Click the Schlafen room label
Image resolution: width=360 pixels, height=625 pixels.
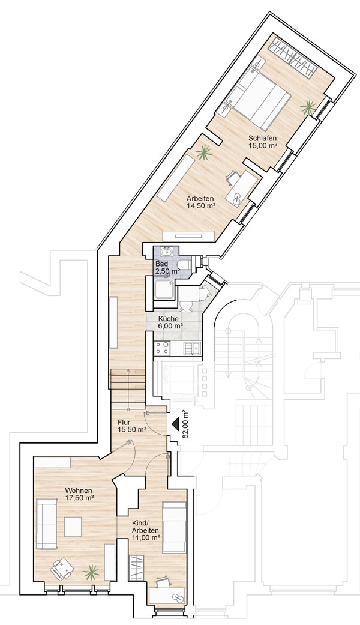263,138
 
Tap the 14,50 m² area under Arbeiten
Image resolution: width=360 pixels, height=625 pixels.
201,206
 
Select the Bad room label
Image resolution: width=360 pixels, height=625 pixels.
161,264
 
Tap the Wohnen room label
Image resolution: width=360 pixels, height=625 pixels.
79,491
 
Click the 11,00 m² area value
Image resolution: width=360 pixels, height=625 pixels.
146,537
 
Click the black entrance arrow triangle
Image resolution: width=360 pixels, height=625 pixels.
175,424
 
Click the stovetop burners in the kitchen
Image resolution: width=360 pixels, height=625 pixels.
163,348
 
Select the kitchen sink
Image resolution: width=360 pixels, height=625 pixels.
193,348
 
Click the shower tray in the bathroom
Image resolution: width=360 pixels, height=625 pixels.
163,289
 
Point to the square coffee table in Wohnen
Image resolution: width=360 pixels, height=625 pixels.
73,527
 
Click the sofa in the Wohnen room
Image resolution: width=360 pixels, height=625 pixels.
47,524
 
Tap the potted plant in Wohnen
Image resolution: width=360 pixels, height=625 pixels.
91,572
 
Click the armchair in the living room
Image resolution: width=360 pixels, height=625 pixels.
62,569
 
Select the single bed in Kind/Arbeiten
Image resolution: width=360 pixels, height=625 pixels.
174,527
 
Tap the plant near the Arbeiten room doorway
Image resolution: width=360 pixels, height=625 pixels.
204,152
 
